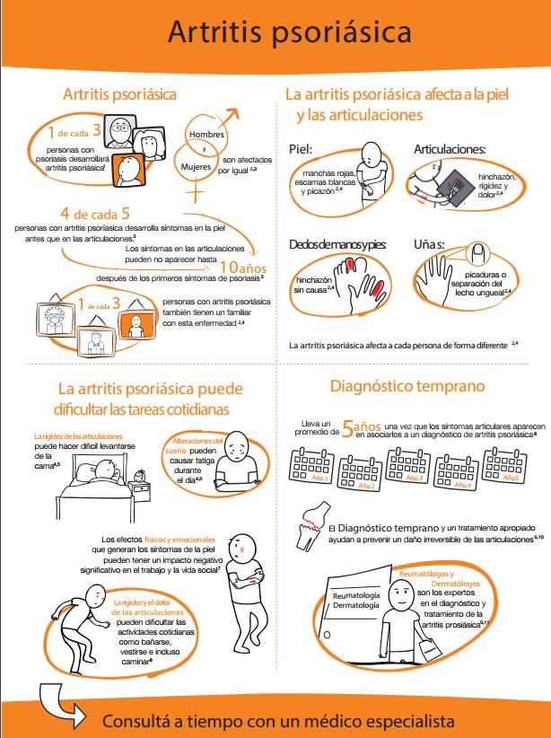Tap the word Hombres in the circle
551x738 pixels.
point(205,134)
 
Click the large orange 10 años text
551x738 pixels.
point(245,268)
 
